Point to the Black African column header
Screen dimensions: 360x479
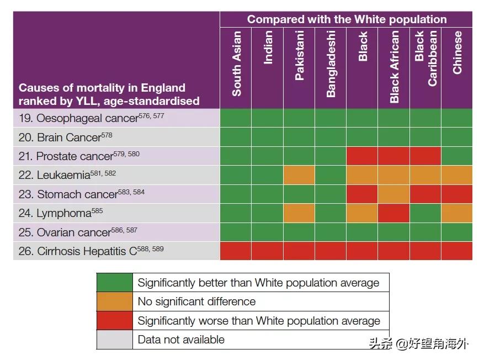coord(394,66)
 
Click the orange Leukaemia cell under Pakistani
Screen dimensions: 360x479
coord(299,176)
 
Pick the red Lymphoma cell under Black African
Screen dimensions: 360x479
coord(394,213)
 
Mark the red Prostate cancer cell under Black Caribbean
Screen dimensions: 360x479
coord(425,156)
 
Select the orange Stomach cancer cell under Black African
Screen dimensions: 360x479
coord(394,194)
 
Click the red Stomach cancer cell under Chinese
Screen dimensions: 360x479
coord(457,194)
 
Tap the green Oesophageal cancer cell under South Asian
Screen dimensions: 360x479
coord(236,119)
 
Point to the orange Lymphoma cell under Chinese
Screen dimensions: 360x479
coord(457,213)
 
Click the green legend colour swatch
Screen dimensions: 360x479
coord(115,283)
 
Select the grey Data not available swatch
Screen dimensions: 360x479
coord(115,339)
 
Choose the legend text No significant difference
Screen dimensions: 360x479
coord(196,301)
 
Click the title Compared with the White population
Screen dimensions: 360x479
coord(347,19)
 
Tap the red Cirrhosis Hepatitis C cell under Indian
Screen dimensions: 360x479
coord(268,251)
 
